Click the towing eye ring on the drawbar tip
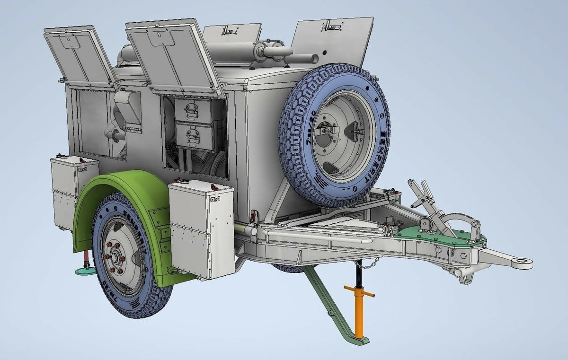(x=522, y=261)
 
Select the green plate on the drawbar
(x=440, y=235)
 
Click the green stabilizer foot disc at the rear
(x=86, y=272)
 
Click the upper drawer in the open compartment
(x=193, y=111)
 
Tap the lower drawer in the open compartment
(x=194, y=135)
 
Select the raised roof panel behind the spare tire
(x=331, y=43)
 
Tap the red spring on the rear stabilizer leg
(x=87, y=258)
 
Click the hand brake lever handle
(x=417, y=187)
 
